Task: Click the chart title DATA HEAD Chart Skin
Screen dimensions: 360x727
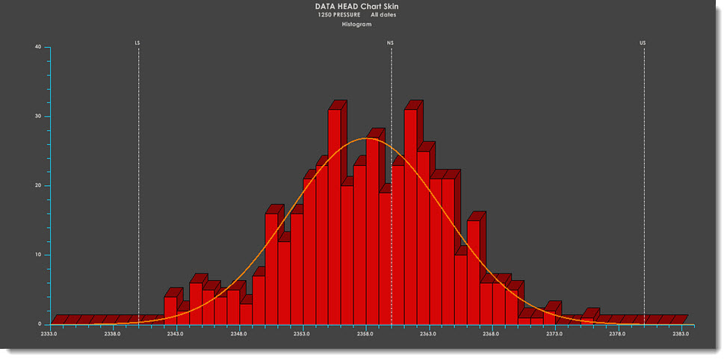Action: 362,7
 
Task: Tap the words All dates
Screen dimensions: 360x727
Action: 383,15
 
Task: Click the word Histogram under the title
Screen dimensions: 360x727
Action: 362,25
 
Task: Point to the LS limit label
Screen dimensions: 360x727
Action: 137,43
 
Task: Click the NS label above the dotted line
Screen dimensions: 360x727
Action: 390,43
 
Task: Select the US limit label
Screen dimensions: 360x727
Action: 643,43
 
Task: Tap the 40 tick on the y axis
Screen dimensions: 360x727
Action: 37,47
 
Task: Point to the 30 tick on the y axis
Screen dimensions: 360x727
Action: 37,117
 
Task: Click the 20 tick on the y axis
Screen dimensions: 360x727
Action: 37,185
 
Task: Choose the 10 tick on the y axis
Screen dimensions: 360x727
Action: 37,255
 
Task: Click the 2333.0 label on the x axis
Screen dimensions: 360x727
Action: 49,334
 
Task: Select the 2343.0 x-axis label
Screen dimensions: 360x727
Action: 176,334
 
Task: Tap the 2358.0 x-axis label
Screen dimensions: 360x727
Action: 365,334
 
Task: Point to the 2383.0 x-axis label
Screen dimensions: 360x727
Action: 681,334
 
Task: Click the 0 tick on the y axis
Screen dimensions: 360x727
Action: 39,324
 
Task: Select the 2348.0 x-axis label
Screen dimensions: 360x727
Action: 239,334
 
